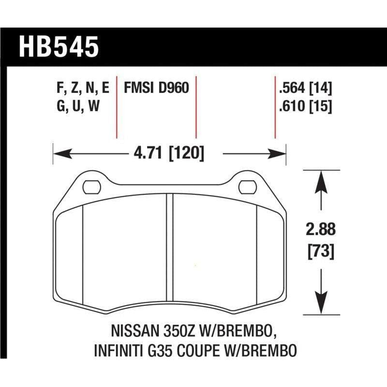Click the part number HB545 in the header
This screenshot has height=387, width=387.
59,47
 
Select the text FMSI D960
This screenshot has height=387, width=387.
156,89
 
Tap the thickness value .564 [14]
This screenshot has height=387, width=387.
305,89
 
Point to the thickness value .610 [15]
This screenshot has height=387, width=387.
305,106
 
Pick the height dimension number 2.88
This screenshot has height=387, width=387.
322,229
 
